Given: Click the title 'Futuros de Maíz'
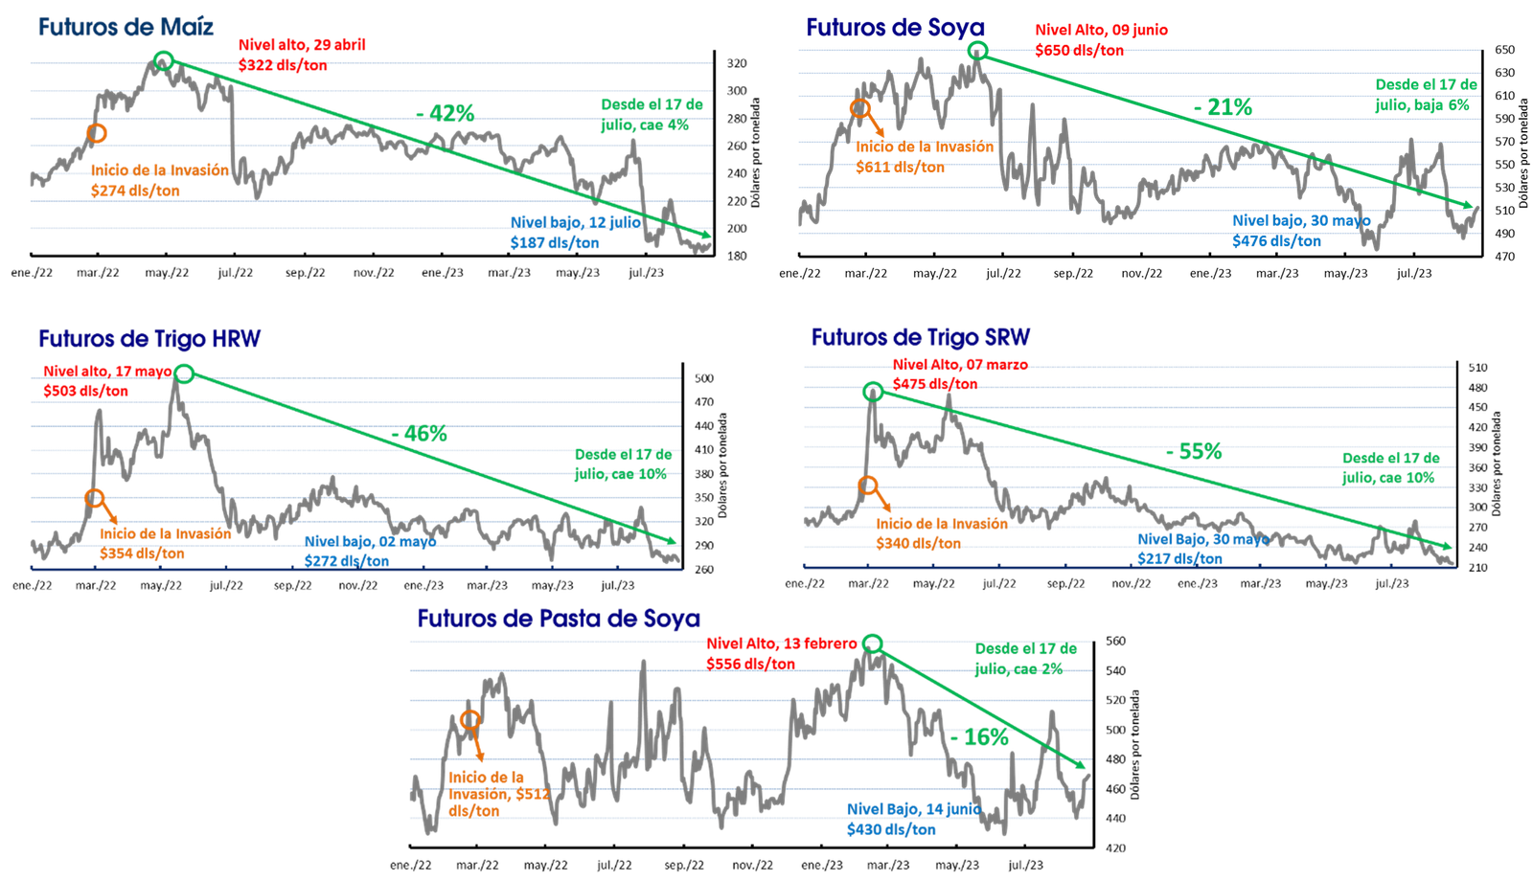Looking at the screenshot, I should point(126,27).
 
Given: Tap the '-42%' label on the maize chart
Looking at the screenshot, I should point(446,113).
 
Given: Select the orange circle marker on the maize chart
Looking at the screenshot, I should point(96,133).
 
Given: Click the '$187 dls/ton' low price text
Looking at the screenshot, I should point(555,243).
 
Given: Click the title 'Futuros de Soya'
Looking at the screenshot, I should point(893,27).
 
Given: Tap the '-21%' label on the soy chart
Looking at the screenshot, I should point(1223,107).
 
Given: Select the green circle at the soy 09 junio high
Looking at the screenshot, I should point(977,51).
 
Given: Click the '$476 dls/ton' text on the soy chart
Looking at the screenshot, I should point(1277,241).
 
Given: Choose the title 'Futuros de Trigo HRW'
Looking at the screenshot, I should point(149,339).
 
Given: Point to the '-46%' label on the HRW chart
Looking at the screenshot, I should point(419,435).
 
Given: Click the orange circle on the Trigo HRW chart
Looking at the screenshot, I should point(94,498).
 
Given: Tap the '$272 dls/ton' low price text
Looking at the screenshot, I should point(347,561).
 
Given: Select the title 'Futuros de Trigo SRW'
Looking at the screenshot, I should point(921,337).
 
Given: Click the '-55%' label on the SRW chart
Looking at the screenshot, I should point(1194,452).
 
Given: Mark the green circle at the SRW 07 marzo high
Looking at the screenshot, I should point(873,391).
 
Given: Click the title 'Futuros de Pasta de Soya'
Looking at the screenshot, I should point(560,619).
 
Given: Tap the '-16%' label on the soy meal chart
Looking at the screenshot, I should point(979,738).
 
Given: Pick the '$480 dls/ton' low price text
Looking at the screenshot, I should point(891,829).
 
